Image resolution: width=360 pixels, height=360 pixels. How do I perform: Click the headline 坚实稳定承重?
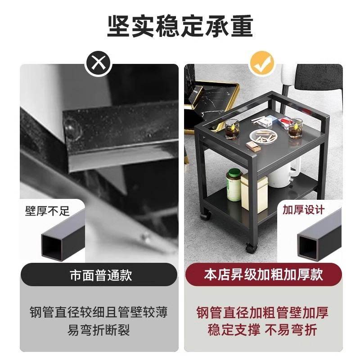tap(180, 26)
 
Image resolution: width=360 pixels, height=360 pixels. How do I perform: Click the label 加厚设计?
tap(303, 210)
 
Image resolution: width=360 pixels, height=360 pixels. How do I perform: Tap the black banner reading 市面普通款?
tap(99, 275)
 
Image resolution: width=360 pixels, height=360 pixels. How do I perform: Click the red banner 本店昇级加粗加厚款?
tap(263, 275)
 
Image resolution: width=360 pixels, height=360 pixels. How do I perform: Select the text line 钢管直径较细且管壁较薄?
tap(99, 312)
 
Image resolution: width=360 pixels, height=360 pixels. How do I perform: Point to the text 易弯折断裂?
tap(99, 331)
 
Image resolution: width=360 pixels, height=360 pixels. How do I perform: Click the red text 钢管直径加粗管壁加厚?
tap(263, 312)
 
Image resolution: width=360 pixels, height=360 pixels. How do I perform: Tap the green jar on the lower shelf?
tap(234, 185)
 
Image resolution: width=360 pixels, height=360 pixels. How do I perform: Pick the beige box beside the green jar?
tap(254, 193)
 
